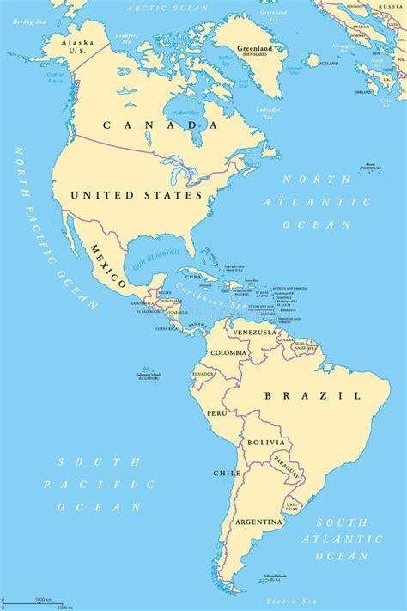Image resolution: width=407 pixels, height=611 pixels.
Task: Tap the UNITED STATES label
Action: [x=137, y=195]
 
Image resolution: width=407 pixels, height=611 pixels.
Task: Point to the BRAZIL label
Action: [x=313, y=395]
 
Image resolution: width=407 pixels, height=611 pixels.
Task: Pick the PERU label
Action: [x=215, y=412]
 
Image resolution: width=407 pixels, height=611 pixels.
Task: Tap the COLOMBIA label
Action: [x=230, y=352]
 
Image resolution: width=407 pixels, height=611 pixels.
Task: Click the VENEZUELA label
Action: [x=255, y=332]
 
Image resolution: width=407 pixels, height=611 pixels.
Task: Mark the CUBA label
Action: [x=194, y=277]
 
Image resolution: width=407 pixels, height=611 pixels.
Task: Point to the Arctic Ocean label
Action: [x=156, y=7]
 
